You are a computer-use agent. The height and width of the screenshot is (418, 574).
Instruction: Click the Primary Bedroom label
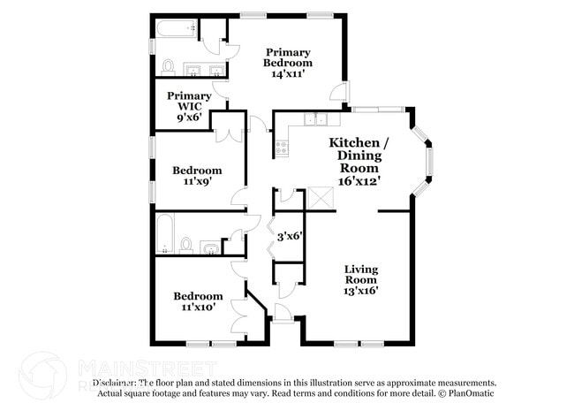point(289,57)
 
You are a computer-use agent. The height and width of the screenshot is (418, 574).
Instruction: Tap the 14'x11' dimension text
point(289,74)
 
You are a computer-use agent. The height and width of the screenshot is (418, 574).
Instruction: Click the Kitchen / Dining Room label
point(359,155)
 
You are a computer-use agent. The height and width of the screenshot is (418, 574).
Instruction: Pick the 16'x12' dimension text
point(359,179)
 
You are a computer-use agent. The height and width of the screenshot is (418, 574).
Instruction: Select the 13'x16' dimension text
point(360,290)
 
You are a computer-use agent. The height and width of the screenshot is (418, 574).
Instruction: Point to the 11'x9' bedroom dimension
point(197,182)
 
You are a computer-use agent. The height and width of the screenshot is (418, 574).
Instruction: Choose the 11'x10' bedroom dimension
point(197,308)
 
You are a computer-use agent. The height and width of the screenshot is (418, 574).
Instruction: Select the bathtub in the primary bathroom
point(176,30)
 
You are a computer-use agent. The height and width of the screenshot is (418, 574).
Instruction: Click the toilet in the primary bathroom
point(168,66)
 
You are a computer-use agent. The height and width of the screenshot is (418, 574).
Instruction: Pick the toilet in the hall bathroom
point(186,243)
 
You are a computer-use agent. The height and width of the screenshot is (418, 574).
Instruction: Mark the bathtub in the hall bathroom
point(165,234)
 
